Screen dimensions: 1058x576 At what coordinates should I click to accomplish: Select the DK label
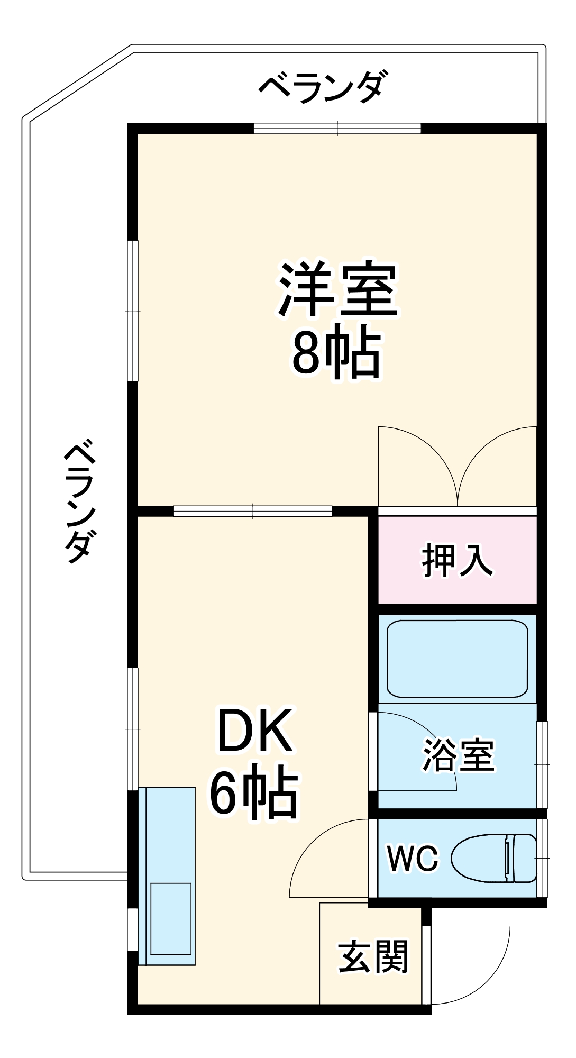coord(255,733)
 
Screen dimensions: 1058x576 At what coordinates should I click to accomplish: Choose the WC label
coord(413,858)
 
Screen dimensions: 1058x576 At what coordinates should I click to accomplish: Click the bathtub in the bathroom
coord(458,659)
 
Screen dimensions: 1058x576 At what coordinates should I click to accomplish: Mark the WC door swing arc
coord(312,846)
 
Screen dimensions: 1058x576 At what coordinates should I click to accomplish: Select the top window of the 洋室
coord(337,128)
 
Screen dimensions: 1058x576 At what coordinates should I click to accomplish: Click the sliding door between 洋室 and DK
coord(253,511)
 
